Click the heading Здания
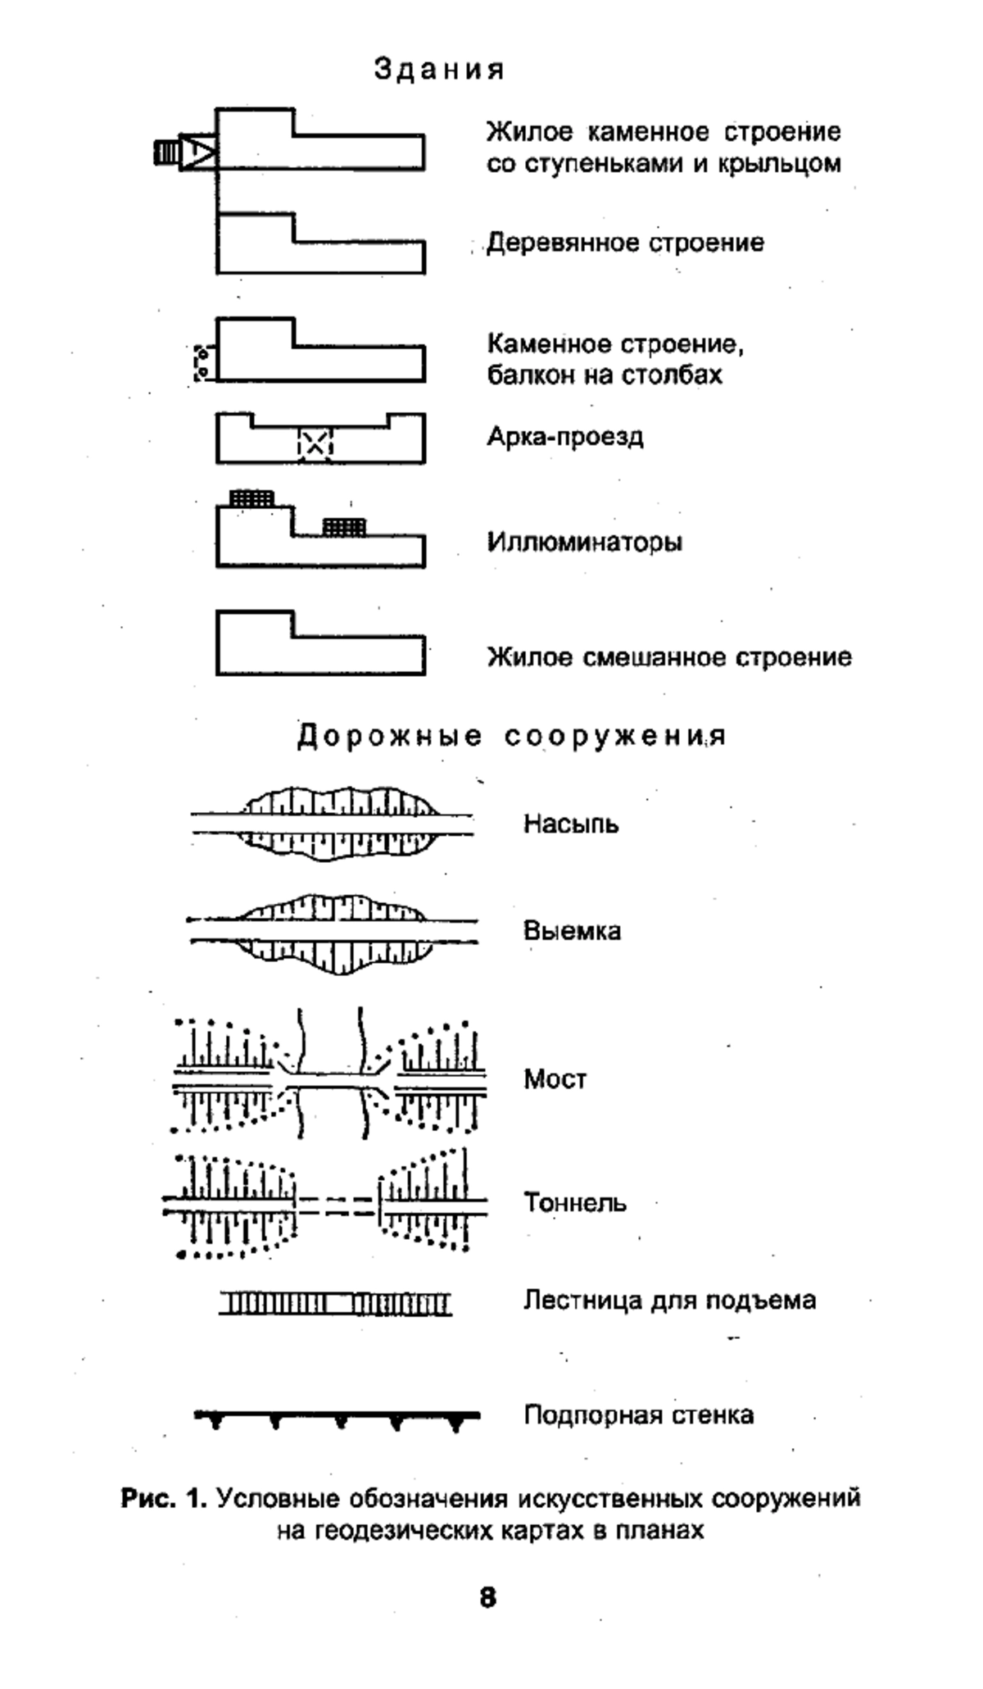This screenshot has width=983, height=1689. [x=439, y=70]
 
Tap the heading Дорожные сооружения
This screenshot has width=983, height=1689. [x=511, y=736]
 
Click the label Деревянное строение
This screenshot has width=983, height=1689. [x=625, y=243]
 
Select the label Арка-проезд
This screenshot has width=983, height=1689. [x=565, y=436]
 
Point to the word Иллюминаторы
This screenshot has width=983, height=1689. [x=585, y=542]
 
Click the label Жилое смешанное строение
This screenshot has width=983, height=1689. [x=669, y=657]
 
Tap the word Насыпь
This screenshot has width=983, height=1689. [x=571, y=824]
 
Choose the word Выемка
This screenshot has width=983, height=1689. [x=572, y=931]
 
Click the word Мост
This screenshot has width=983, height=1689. [x=555, y=1079]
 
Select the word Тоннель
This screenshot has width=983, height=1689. [x=575, y=1203]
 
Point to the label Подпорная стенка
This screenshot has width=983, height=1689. [x=639, y=1415]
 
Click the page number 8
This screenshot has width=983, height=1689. [x=488, y=1597]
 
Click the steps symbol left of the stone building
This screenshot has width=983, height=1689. [x=167, y=152]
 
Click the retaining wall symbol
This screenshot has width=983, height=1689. [x=337, y=1416]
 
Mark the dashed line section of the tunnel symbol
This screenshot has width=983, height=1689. [x=336, y=1204]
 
